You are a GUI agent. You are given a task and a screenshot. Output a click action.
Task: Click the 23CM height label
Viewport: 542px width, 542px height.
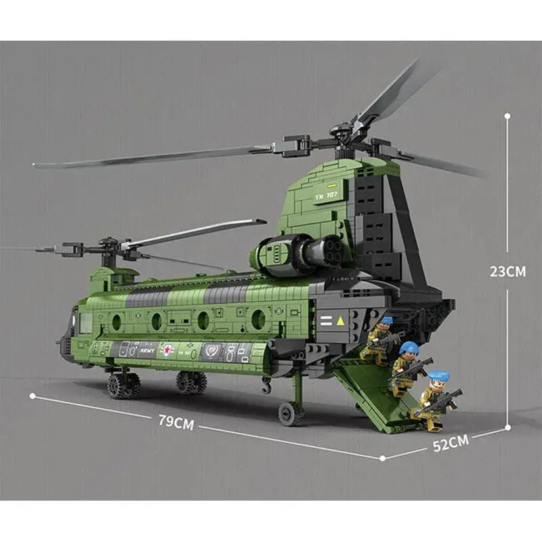point(507,271)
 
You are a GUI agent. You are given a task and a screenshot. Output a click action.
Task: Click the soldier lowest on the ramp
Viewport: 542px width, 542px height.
point(434,400)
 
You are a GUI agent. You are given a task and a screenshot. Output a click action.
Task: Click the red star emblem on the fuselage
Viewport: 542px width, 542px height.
point(167,350)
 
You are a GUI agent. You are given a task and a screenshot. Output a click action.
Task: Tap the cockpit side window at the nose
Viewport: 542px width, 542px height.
point(85,322)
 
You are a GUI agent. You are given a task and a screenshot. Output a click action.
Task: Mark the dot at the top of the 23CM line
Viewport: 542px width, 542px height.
point(507,116)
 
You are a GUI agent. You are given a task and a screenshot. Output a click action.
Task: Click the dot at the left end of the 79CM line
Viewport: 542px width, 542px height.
point(32,395)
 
